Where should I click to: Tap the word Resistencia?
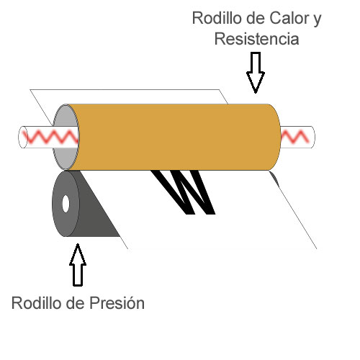pyautogui.click(x=256, y=39)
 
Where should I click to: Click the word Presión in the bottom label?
pyautogui.click(x=117, y=303)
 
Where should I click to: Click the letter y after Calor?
pyautogui.click(x=317, y=20)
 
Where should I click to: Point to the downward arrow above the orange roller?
pyautogui.click(x=256, y=73)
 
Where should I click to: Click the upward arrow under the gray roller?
pyautogui.click(x=78, y=265)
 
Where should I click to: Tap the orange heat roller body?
pyautogui.click(x=175, y=138)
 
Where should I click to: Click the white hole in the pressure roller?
pyautogui.click(x=66, y=204)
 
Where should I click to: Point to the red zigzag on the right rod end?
pyautogui.click(x=294, y=137)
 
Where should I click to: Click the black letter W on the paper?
pyautogui.click(x=184, y=192)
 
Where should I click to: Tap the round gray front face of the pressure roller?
pyautogui.click(x=66, y=204)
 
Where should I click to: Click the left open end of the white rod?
pyautogui.click(x=23, y=137)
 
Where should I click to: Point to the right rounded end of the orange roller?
pyautogui.click(x=276, y=138)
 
